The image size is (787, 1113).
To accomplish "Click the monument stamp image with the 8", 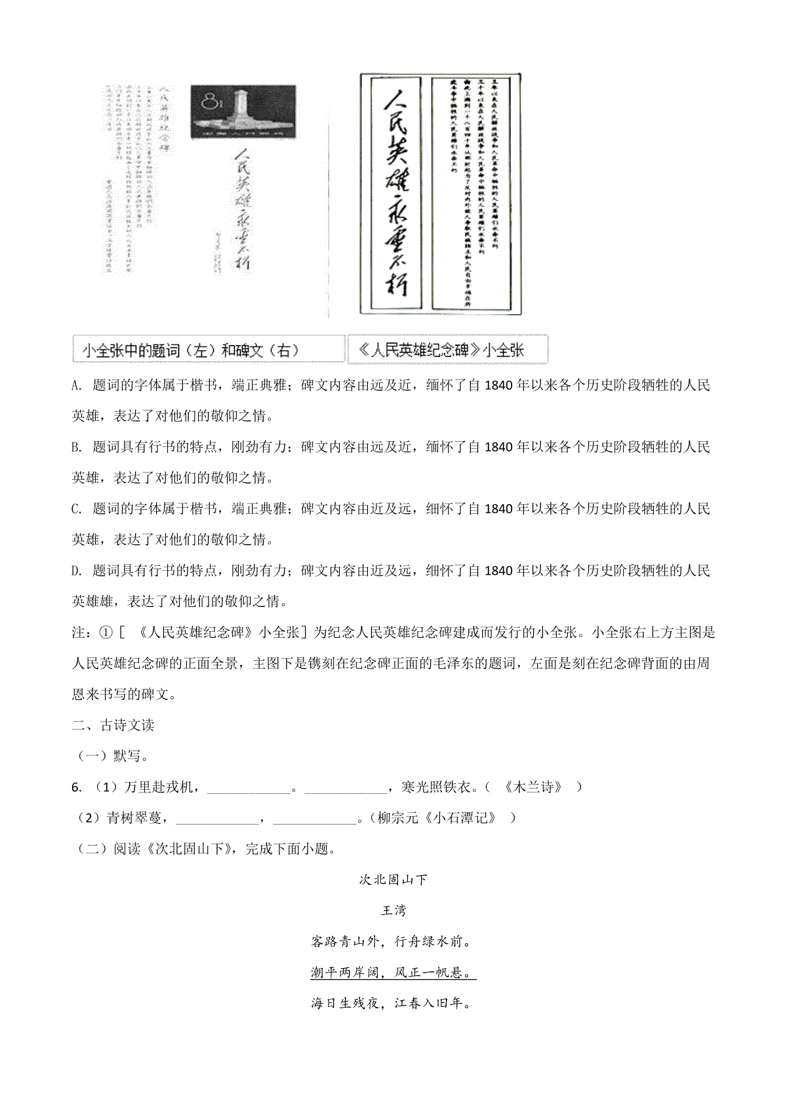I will tap(243, 111).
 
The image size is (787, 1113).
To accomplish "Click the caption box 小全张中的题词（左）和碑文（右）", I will tap(209, 349).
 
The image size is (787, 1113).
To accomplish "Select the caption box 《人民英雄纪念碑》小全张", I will tap(447, 349).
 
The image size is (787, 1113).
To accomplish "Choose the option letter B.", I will tap(75, 448).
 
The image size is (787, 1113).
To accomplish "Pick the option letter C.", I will tap(75, 509).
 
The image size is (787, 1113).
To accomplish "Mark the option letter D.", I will tap(75, 571).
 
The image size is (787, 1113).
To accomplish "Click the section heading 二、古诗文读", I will tap(113, 725).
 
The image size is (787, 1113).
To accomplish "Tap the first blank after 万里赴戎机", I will tap(249, 789).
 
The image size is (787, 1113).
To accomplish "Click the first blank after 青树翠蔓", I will tap(217, 819).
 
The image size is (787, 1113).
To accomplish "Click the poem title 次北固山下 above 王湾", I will tap(393, 880).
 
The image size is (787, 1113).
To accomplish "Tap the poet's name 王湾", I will tap(393, 910).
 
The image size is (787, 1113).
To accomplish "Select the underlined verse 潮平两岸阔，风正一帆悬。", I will tap(393, 973).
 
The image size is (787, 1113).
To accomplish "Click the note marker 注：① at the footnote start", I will tap(92, 633).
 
